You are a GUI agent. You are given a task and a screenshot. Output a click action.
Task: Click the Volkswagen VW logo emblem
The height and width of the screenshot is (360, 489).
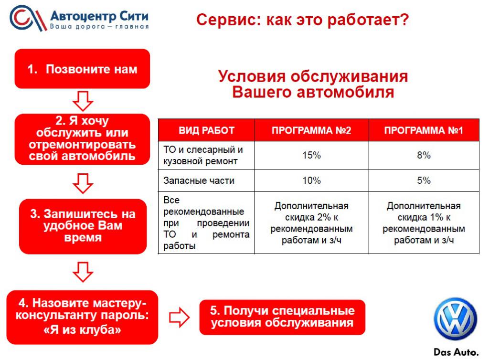(x=455, y=319)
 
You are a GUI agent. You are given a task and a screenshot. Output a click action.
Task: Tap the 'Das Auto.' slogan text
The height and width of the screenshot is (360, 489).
(x=456, y=352)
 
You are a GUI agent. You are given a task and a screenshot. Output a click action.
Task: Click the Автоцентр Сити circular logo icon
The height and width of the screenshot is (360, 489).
(x=27, y=18)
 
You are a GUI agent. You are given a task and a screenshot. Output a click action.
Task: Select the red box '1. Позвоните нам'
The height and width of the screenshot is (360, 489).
(x=82, y=69)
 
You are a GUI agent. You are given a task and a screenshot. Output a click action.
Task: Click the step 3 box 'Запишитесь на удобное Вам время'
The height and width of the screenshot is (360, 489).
(x=83, y=226)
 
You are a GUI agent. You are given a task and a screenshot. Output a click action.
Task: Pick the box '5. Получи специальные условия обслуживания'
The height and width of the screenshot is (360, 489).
(x=282, y=317)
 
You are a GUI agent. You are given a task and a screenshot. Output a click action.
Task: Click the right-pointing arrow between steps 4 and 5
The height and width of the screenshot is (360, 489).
(x=179, y=318)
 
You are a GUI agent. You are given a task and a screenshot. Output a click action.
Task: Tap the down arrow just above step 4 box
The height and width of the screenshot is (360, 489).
(x=83, y=272)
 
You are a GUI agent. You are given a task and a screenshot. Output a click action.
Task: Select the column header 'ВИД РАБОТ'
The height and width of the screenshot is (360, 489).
(x=206, y=130)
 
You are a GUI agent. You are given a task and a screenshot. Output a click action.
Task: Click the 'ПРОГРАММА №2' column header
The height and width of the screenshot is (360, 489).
(x=311, y=130)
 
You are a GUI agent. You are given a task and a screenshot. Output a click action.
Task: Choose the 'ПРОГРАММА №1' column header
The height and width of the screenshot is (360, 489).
(x=424, y=130)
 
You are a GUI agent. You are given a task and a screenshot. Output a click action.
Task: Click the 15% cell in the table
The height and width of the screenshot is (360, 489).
(x=311, y=155)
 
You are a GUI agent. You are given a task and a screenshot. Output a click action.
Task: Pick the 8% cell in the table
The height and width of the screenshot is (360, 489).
(x=424, y=155)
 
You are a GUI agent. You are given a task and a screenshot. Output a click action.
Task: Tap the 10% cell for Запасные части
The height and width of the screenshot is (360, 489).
(x=311, y=180)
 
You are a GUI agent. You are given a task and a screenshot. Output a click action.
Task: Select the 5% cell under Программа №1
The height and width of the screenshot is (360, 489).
(x=424, y=180)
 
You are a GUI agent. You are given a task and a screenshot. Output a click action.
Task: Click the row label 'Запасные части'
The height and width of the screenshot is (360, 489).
(x=199, y=180)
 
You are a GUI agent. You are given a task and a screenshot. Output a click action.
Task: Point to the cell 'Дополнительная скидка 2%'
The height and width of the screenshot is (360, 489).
(x=311, y=223)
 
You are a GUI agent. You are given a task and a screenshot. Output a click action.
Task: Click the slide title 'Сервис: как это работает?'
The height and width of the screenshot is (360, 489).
(x=302, y=20)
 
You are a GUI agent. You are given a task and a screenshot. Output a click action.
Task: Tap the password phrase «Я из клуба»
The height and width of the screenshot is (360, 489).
(x=82, y=330)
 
